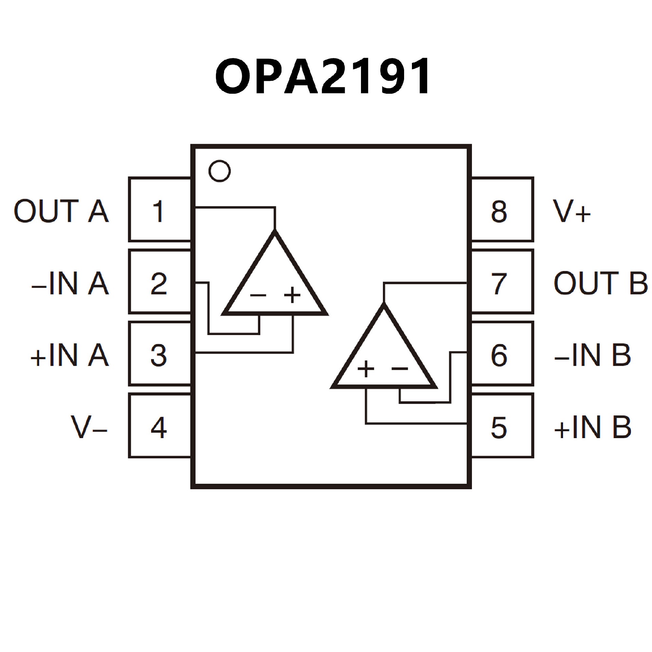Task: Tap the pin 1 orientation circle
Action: pos(219,170)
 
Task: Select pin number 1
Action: pos(158,211)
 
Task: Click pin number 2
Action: pos(158,284)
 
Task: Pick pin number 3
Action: pos(158,356)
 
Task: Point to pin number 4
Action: pos(158,428)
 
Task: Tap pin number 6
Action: pos(499,356)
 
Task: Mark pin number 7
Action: pos(499,284)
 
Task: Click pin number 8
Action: pos(499,211)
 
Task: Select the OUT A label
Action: pos(61,211)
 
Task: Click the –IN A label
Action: pos(70,284)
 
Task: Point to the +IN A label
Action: pos(70,356)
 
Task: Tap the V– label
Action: pos(89,428)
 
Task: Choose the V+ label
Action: pos(572,211)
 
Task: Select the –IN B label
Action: pos(592,356)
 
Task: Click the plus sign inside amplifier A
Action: pos(292,295)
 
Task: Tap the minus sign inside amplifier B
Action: pos(400,368)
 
